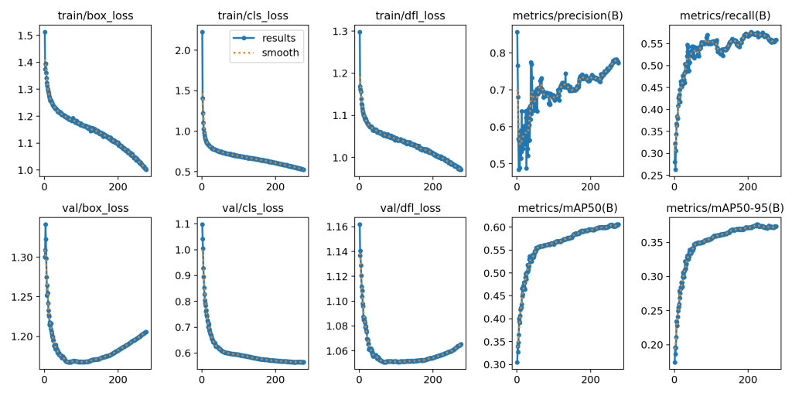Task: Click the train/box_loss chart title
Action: (96, 15)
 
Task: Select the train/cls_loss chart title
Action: (253, 15)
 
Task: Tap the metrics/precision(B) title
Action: (568, 15)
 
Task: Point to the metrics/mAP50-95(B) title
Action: (725, 207)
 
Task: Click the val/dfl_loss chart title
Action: (411, 207)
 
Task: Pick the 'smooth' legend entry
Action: (281, 53)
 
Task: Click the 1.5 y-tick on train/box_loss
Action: (26, 36)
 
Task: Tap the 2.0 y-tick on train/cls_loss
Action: (183, 50)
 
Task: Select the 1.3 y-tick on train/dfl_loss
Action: (340, 32)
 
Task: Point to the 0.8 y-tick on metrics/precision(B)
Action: (497, 53)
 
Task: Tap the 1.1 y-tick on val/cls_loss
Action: (183, 224)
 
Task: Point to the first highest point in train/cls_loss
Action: (202, 32)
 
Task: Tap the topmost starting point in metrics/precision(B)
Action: (517, 32)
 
